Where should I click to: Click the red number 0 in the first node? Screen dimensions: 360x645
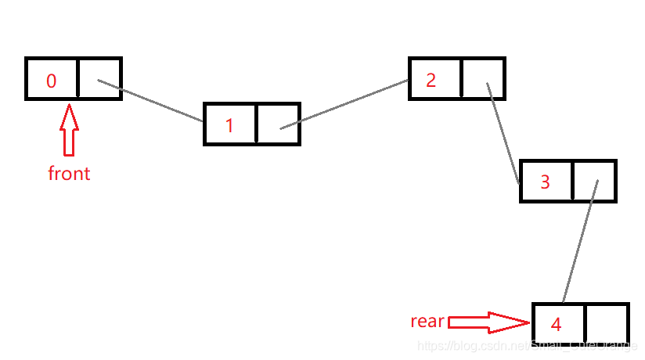tap(52, 81)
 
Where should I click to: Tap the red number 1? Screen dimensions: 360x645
tap(229, 125)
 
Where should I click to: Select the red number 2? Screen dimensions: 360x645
tap(431, 80)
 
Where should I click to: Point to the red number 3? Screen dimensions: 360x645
tap(546, 182)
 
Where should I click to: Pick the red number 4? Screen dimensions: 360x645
tap(556, 324)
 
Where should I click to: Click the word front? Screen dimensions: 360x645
tap(69, 173)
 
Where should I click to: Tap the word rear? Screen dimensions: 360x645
tap(427, 321)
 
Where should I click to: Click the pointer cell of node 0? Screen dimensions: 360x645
tap(99, 78)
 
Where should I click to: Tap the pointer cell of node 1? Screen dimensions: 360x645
tap(278, 124)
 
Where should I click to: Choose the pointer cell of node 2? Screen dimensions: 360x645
tap(483, 78)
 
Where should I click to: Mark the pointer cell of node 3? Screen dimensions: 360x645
tap(595, 181)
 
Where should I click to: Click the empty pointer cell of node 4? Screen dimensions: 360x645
tap(606, 324)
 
